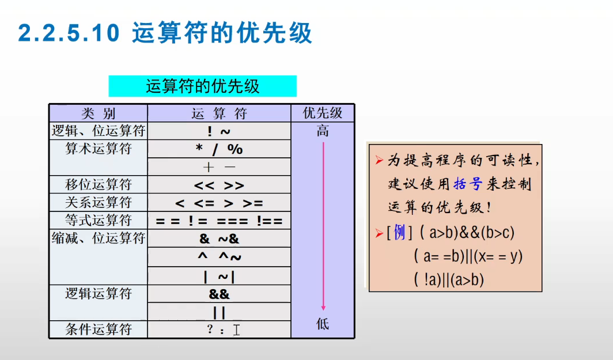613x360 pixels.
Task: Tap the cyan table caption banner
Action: (x=202, y=86)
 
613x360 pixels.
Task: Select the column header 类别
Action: (x=98, y=113)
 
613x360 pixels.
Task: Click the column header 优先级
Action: (x=322, y=113)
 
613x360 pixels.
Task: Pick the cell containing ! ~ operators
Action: (x=219, y=131)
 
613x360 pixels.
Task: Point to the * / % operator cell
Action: (x=219, y=149)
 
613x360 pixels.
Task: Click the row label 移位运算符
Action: (x=98, y=185)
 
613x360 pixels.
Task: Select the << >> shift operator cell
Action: (x=219, y=185)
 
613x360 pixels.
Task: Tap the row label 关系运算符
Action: (x=98, y=203)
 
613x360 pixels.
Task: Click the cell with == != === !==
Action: (x=219, y=221)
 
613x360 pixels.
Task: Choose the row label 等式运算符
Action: (x=98, y=221)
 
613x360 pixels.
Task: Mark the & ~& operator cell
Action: (x=219, y=238)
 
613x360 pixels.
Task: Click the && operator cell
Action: (x=219, y=294)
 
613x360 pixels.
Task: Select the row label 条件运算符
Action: (x=98, y=329)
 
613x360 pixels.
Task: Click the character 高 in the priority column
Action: (x=323, y=131)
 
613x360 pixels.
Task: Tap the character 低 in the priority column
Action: (x=323, y=324)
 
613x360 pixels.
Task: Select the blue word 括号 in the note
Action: (x=467, y=185)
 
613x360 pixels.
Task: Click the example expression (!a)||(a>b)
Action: (x=449, y=280)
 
